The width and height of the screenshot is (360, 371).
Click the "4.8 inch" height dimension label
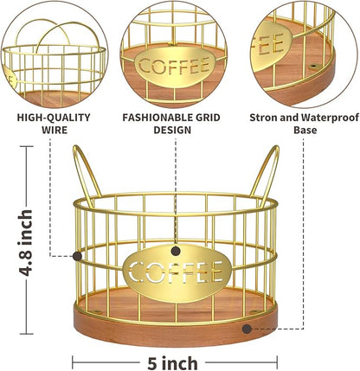tap(25, 243)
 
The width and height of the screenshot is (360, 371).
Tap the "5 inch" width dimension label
tap(172, 362)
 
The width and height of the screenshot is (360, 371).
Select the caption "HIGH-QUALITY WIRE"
tap(54, 124)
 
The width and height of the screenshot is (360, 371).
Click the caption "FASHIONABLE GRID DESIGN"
tap(171, 124)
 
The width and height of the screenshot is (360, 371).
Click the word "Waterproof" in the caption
tap(330, 118)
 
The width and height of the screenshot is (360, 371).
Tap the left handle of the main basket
tap(86, 175)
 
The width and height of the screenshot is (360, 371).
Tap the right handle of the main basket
tap(267, 175)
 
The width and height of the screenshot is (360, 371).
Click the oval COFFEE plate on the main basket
tap(177, 272)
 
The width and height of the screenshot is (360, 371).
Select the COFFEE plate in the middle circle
tap(175, 67)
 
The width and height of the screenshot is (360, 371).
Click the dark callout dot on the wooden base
tap(247, 329)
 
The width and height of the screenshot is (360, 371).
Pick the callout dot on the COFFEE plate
tap(176, 251)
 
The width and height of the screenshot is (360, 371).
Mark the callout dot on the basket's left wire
tap(77, 256)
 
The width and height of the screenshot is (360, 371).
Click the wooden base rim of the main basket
tap(176, 331)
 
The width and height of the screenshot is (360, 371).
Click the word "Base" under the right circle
tap(305, 130)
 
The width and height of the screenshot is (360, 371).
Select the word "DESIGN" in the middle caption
tap(172, 130)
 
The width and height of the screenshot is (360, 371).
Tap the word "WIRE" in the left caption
tap(55, 130)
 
